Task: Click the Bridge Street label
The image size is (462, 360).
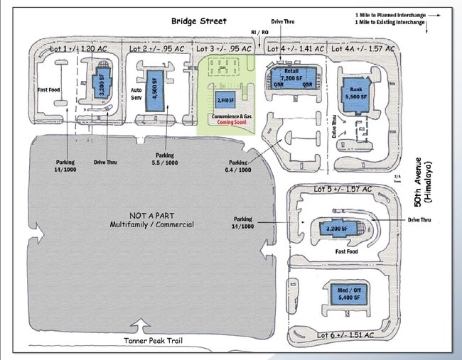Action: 198,21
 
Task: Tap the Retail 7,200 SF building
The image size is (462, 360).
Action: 289,77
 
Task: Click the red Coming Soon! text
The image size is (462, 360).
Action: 232,122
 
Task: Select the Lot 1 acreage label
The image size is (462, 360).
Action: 80,49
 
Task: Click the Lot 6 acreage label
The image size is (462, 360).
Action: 345,334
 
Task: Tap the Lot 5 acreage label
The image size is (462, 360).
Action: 343,190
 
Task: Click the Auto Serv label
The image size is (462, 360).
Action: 137,95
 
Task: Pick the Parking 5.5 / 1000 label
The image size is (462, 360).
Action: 164,159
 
